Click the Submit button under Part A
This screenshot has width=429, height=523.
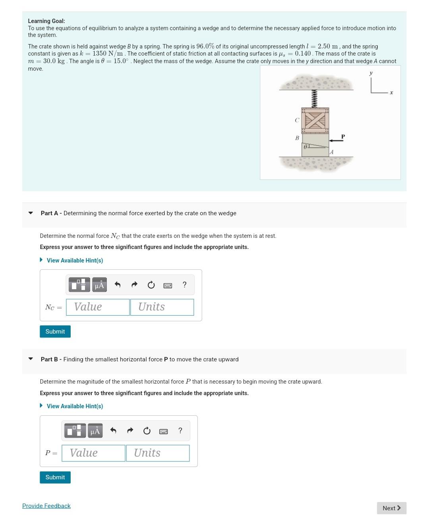pyautogui.click(x=55, y=332)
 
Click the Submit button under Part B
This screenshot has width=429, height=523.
pyautogui.click(x=55, y=477)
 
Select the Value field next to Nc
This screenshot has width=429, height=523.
pyautogui.click(x=98, y=307)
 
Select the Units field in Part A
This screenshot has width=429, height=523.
pyautogui.click(x=162, y=307)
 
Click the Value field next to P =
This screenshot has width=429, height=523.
pyautogui.click(x=93, y=453)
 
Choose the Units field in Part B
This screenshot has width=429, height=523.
pyautogui.click(x=157, y=453)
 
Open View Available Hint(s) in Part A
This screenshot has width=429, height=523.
pyautogui.click(x=75, y=261)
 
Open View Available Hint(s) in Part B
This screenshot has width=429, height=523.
pyautogui.click(x=75, y=406)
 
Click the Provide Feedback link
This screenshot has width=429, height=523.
pyautogui.click(x=46, y=506)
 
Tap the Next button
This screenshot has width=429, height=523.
pyautogui.click(x=391, y=508)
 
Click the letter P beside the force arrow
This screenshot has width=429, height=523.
pyautogui.click(x=343, y=136)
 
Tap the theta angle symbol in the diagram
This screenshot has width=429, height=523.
pyautogui.click(x=305, y=147)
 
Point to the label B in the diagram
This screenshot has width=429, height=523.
pyautogui.click(x=297, y=138)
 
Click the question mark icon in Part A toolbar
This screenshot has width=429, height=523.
pyautogui.click(x=184, y=285)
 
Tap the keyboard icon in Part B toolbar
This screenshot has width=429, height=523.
pyautogui.click(x=163, y=431)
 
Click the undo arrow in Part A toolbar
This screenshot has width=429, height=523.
pyautogui.click(x=118, y=285)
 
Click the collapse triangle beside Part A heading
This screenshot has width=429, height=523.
pyautogui.click(x=31, y=213)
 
